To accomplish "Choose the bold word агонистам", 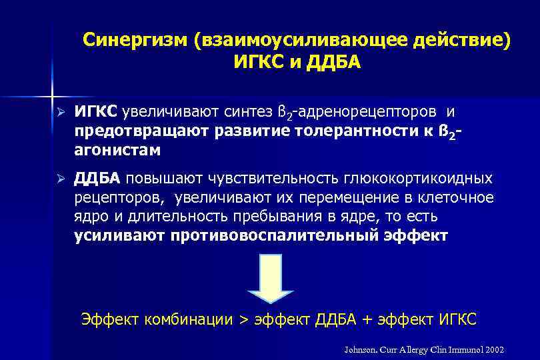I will [117, 150].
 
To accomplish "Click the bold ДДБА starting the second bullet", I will [97, 179].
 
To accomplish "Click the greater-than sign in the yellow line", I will [243, 319].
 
